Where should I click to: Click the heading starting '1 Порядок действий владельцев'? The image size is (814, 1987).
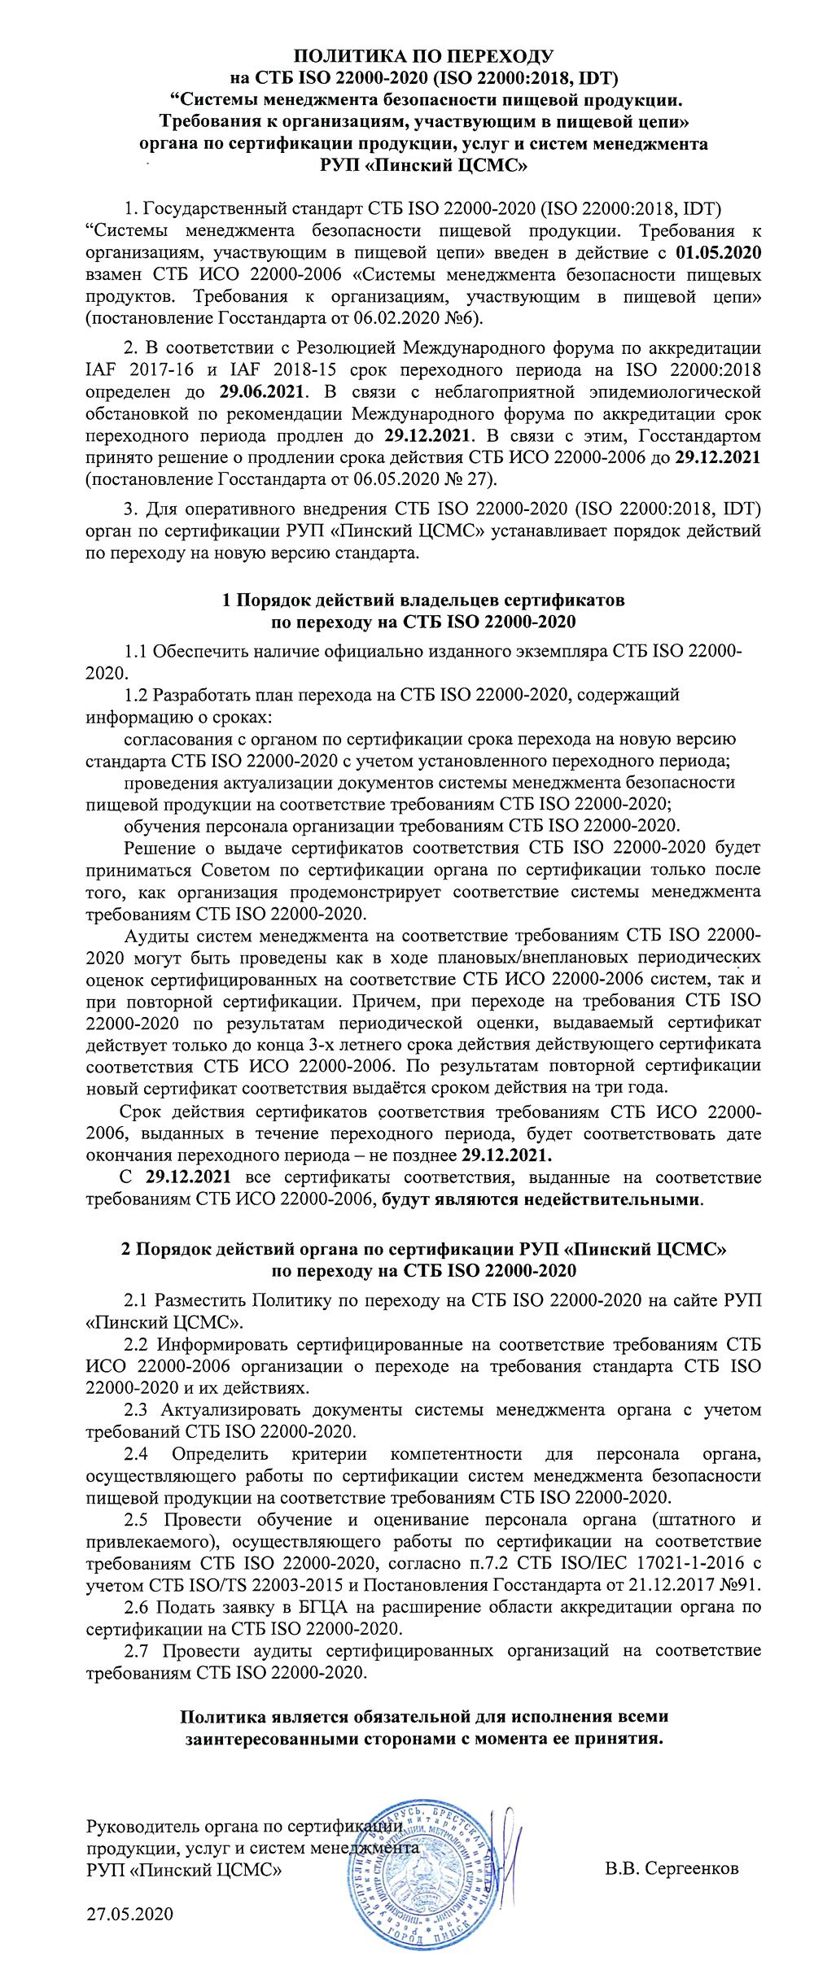[422, 601]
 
